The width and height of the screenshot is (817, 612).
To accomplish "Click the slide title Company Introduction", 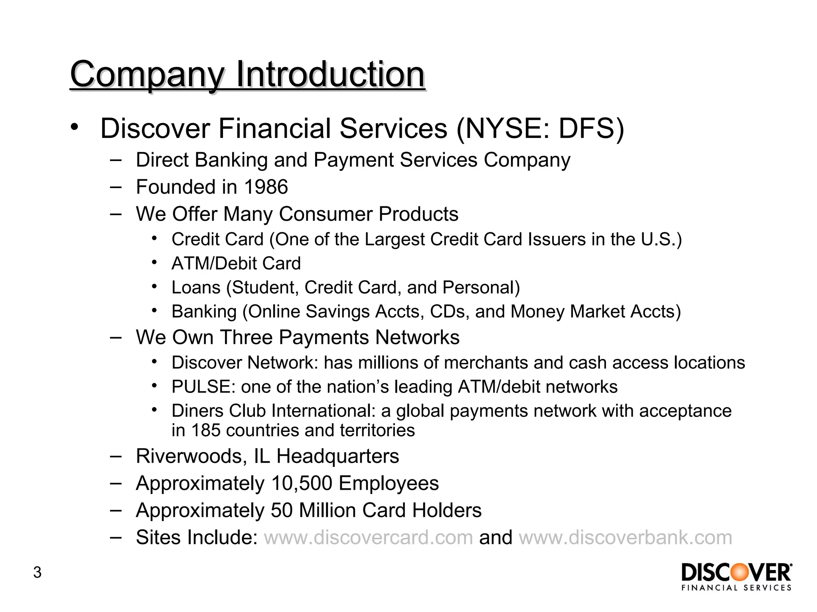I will [247, 75].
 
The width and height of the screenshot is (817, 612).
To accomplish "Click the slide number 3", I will [37, 572].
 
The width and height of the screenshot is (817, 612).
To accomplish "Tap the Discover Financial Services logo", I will [736, 576].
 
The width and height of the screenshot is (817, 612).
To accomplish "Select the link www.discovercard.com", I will [368, 537].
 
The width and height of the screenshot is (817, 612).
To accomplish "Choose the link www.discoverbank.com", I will [625, 537].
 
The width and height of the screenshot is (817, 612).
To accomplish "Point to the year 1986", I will [266, 187].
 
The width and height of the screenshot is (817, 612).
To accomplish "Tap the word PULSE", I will [203, 387].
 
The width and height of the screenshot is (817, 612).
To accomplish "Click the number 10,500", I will [302, 483].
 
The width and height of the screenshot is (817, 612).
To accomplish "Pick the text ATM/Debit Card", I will [236, 263].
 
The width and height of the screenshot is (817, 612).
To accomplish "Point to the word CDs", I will [449, 312].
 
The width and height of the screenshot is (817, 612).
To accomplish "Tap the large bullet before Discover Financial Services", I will [74, 127].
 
